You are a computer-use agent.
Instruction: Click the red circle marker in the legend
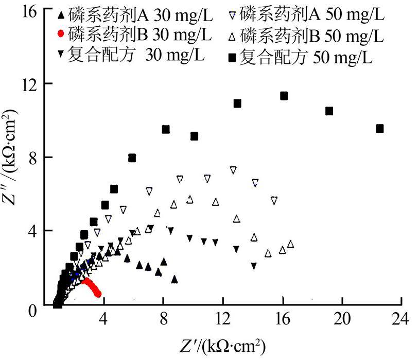click(61, 35)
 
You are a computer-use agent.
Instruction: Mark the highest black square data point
click(284, 96)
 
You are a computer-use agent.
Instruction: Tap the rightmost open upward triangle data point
click(291, 244)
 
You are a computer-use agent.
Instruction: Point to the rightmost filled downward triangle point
click(254, 266)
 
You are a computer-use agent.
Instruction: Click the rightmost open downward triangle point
click(274, 200)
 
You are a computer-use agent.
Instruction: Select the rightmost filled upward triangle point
click(174, 279)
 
